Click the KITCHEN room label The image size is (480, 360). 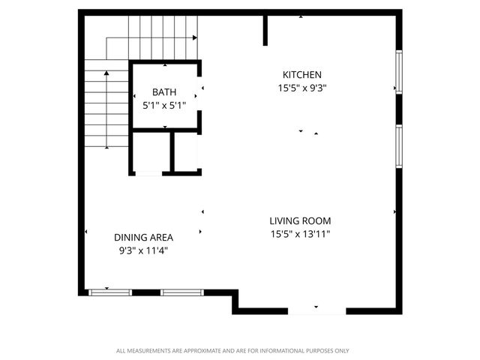tap(301, 74)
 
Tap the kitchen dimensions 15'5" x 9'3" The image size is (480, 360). tap(301, 87)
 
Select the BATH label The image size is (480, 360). tap(164, 92)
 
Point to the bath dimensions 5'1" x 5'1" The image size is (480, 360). tap(164, 106)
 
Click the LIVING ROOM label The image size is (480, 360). tap(300, 220)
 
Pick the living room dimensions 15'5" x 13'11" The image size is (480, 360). tap(300, 234)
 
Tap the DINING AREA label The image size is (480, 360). tap(143, 237)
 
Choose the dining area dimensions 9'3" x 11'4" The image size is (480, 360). tap(143, 250)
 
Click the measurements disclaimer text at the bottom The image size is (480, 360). tap(232, 350)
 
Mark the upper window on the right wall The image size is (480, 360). tap(398, 72)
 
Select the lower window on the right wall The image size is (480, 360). tap(398, 147)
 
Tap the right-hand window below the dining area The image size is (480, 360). tap(181, 292)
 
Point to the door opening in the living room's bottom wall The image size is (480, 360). tap(316, 309)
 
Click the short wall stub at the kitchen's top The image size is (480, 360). tap(265, 28)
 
